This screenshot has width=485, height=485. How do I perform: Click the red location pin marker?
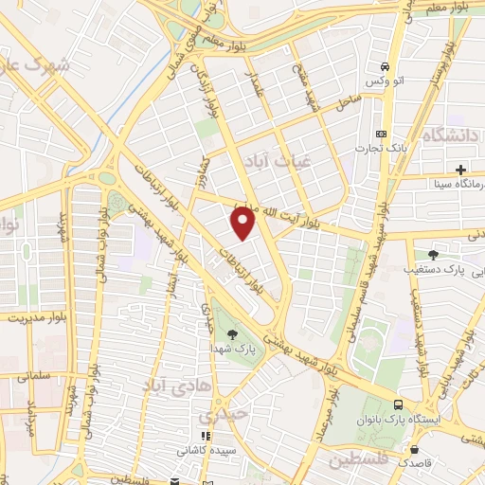point(244,223)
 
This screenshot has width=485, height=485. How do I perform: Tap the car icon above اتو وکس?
point(384,67)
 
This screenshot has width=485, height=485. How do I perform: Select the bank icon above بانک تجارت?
point(382,135)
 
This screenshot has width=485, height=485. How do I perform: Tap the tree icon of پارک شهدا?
point(232,332)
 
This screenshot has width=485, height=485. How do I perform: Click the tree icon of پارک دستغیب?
point(434,254)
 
